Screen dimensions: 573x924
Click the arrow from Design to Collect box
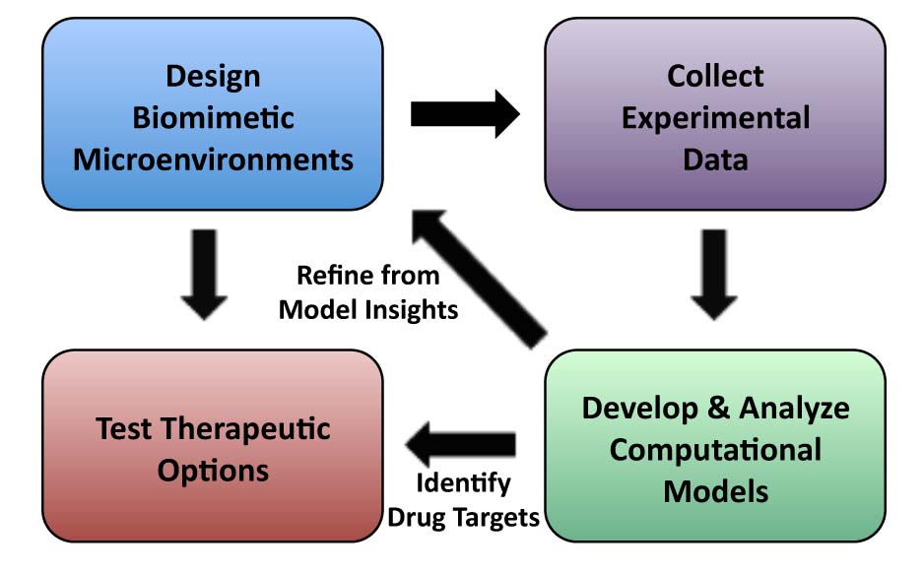tap(464, 114)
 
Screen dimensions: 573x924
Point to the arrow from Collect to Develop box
tap(715, 275)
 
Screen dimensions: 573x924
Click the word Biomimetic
tap(213, 117)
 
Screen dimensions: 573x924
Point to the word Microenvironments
tap(213, 159)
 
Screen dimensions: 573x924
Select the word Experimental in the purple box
tap(716, 117)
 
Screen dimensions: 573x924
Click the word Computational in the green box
tap(715, 449)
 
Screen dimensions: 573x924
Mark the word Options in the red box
tap(213, 470)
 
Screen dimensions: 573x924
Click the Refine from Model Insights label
tap(368, 291)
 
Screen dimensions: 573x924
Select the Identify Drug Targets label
tap(463, 499)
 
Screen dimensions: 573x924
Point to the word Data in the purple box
tap(716, 159)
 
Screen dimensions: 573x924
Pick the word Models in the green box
tap(715, 489)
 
